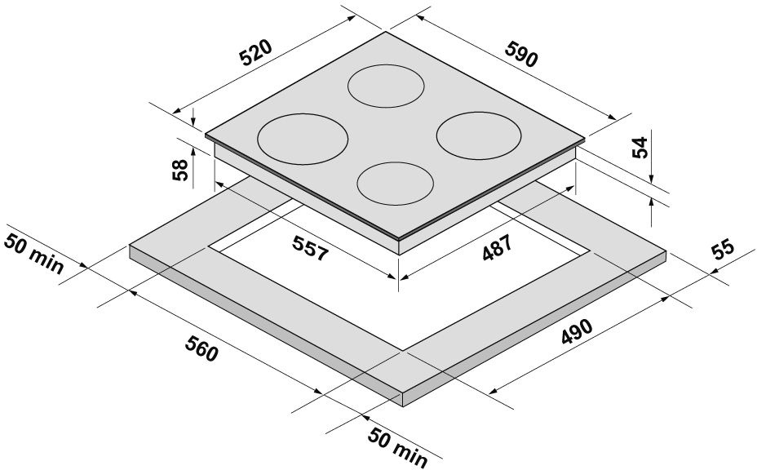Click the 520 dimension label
[257, 52]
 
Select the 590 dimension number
[521, 54]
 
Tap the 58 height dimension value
[179, 170]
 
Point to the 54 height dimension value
[640, 148]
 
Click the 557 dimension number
[311, 248]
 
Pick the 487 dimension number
[497, 247]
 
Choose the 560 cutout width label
[201, 348]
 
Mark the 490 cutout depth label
[577, 331]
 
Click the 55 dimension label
[722, 249]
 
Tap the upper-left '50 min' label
[33, 254]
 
